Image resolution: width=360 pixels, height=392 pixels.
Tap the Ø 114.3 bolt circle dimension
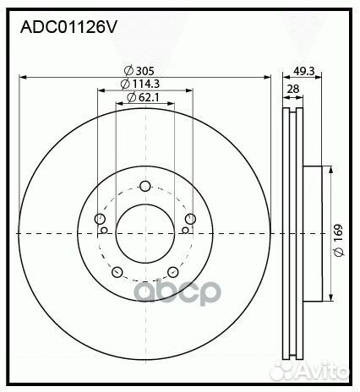point(140,84)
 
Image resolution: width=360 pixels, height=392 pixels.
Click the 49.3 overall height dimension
point(303,71)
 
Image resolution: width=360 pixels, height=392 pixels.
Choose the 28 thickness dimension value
point(292,89)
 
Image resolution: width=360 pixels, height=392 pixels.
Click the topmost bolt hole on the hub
point(145,187)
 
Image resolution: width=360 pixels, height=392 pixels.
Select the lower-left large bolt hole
point(117,272)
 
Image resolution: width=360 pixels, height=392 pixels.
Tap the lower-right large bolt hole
point(172,272)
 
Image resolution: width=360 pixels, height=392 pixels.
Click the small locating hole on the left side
point(104,229)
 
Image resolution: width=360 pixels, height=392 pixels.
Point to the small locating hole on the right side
point(185,229)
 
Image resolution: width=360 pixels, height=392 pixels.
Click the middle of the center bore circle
point(145,233)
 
